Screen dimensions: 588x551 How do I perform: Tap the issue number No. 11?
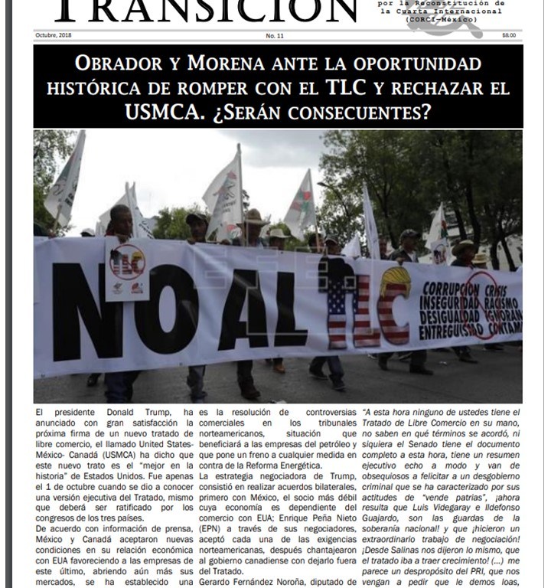pyautogui.click(x=275, y=36)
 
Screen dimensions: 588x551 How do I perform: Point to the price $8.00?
pyautogui.click(x=509, y=35)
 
